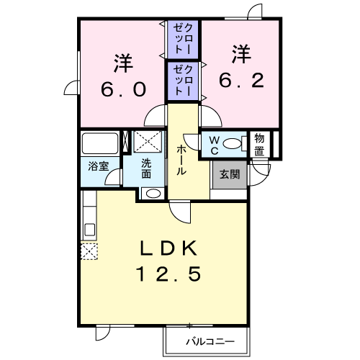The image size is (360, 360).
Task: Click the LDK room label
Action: click(168, 248)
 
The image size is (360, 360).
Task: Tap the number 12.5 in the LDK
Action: click(168, 274)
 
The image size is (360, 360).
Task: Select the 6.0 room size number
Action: click(123, 89)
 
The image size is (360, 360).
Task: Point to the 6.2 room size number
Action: click(241, 80)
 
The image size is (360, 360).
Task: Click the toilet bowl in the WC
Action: click(232, 144)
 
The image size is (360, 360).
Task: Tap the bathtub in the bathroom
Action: click(100, 143)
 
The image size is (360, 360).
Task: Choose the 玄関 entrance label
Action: click(230, 174)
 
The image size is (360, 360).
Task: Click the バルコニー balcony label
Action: click(210, 341)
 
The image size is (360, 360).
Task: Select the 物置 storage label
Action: click(259, 145)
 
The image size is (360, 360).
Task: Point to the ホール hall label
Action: click(181, 160)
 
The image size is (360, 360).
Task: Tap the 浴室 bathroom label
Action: click(99, 166)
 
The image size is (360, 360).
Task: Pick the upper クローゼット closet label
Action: click(183, 38)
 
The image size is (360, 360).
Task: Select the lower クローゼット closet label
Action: click(183, 81)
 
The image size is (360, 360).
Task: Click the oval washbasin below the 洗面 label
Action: click(153, 194)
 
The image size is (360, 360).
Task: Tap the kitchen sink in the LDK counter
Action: click(90, 230)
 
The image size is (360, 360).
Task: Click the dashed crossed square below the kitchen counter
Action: click(89, 251)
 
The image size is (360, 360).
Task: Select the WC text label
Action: click(214, 145)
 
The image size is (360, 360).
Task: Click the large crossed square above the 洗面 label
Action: click(148, 141)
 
